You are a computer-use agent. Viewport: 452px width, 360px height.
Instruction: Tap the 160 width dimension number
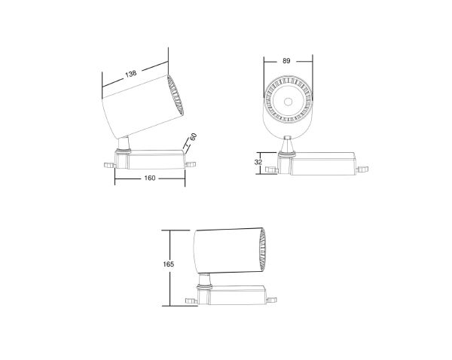(x=150, y=179)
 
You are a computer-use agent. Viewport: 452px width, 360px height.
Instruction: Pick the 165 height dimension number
(x=168, y=264)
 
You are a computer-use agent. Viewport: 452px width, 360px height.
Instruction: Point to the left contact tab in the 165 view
(x=193, y=301)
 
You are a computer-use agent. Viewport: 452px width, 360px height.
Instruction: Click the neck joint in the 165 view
(x=205, y=282)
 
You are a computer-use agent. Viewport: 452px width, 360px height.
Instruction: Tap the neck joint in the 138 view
(x=124, y=144)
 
